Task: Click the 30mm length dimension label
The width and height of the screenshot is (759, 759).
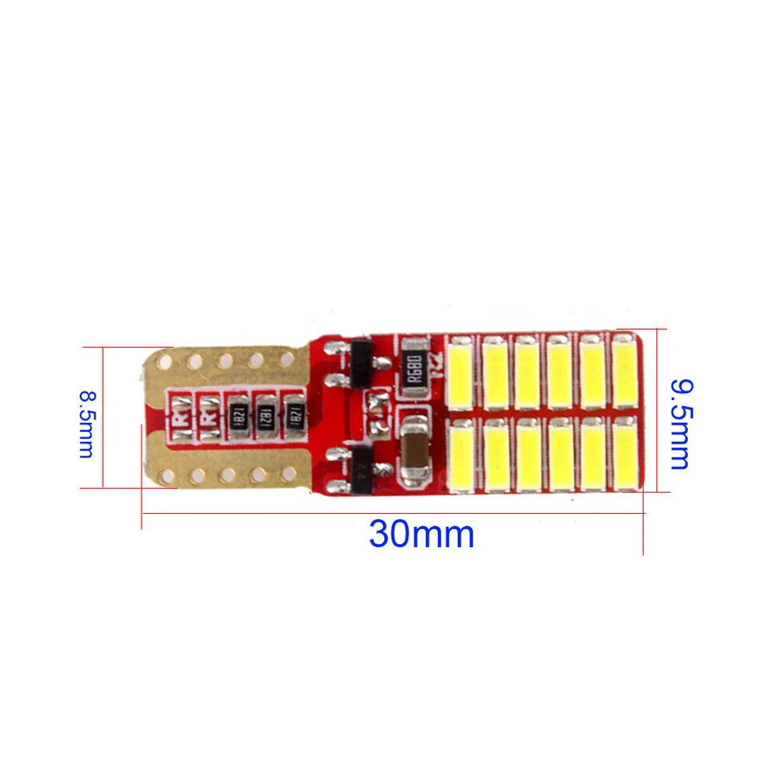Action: tap(421, 535)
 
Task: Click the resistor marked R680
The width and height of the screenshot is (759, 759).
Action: tap(417, 364)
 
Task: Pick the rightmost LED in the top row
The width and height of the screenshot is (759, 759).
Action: tap(625, 369)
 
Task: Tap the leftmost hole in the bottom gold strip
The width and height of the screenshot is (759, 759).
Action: tap(167, 476)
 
